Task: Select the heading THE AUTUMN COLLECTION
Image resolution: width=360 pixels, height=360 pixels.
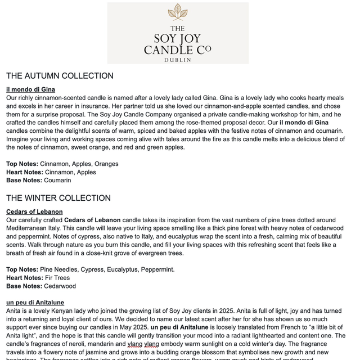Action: (x=60, y=76)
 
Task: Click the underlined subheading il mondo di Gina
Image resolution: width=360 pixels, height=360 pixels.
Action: (x=30, y=89)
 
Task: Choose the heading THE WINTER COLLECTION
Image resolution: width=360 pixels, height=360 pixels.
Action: (x=58, y=198)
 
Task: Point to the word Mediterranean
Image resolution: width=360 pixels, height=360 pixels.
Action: (x=30, y=228)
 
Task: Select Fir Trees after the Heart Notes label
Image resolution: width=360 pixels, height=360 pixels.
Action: (x=57, y=278)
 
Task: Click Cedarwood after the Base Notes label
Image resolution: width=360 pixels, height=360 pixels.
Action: (x=60, y=286)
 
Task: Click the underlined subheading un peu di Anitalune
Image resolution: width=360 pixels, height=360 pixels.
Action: (x=35, y=303)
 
